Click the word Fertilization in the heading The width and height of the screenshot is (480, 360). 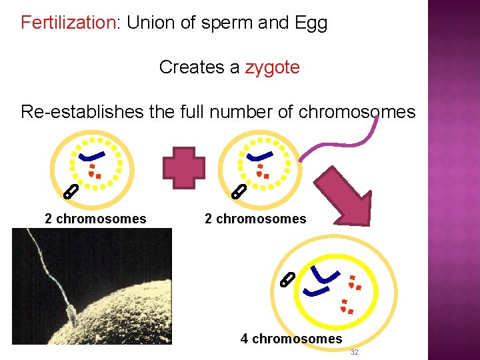(69, 23)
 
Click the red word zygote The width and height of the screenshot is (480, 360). (272, 67)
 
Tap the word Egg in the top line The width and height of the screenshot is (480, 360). (311, 23)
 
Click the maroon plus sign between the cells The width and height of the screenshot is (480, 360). (185, 167)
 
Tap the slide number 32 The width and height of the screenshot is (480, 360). (354, 352)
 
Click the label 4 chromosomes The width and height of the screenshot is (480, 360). (291, 339)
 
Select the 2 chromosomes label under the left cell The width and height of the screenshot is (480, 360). (95, 219)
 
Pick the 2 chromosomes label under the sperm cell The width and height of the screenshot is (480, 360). (255, 219)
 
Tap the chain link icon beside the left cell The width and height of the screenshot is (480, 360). (70, 193)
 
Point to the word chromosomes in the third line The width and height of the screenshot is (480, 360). (357, 111)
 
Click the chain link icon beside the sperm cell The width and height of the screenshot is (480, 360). (237, 193)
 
